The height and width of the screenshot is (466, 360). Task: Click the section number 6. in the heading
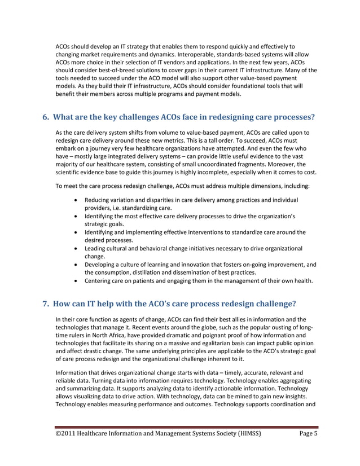[47, 118]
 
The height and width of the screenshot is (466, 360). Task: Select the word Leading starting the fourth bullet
[95, 248]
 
